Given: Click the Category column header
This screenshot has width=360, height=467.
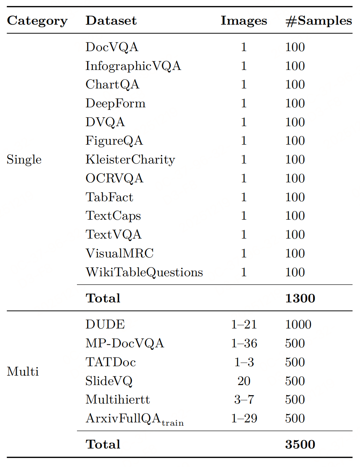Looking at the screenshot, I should [x=37, y=21].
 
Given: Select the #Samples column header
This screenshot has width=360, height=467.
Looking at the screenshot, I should [x=318, y=21].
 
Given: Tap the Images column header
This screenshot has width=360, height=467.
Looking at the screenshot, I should [x=244, y=21].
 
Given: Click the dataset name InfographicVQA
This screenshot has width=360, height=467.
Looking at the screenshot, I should [x=133, y=66].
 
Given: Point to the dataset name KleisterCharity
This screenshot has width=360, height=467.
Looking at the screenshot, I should [x=130, y=160].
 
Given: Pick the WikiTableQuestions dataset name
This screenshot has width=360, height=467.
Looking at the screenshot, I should [x=144, y=272].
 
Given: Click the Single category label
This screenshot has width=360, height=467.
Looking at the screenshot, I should [x=24, y=160].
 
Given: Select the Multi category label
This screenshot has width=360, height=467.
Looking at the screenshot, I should [x=22, y=371].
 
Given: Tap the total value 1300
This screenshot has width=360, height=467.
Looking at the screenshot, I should [x=300, y=298].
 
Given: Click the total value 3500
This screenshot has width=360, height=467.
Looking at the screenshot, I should [x=300, y=445].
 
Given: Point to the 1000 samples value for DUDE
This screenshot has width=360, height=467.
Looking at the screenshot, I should [x=298, y=325].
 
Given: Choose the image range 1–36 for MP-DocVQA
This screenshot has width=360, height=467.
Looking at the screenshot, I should [x=244, y=343].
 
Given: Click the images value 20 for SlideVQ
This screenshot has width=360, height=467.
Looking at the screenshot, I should [x=244, y=381].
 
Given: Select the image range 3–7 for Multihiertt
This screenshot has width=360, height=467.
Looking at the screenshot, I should [x=244, y=400].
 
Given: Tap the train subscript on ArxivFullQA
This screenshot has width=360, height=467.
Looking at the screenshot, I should [x=173, y=423].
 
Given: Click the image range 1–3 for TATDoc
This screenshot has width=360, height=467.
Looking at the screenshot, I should [x=244, y=362].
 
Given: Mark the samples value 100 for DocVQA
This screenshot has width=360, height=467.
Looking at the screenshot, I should [x=295, y=47].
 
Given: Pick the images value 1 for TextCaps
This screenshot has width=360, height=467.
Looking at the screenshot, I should [x=244, y=216].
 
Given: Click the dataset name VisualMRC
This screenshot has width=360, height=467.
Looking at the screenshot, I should [x=119, y=253].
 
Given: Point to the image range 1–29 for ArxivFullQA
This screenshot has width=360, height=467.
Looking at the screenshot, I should [x=244, y=418].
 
